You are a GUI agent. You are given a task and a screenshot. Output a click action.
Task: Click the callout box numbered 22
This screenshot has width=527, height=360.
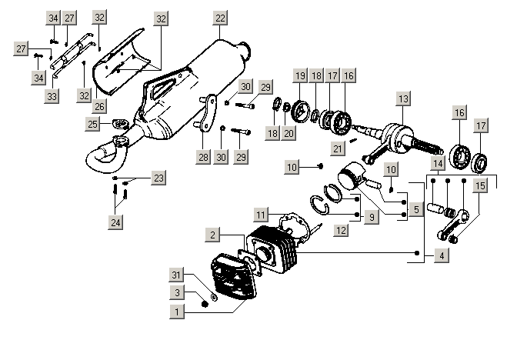coord(221,18)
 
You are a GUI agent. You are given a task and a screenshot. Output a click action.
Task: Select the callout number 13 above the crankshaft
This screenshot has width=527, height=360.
coord(403,98)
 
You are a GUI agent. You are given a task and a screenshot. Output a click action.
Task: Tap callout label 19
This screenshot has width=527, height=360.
coord(300,75)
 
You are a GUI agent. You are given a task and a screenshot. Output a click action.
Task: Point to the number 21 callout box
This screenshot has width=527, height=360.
coord(338,148)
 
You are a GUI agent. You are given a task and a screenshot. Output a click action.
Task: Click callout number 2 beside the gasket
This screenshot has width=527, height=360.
coord(213,234)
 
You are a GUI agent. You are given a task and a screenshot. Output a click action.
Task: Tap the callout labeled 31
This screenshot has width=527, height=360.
coord(177,275)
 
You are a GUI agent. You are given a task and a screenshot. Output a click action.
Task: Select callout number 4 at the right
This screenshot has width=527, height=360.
coord(442,255)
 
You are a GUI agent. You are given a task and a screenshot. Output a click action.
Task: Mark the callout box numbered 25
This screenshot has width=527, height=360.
coord(93,124)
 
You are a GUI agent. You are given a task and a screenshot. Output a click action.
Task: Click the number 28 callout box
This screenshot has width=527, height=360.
coord(202,157)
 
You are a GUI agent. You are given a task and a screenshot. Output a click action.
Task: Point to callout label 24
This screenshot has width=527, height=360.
coord(116,223)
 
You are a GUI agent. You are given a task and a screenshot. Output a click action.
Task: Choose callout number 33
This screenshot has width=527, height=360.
coord(52,97)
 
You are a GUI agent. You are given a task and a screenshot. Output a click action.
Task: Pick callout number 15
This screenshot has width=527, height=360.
coord(480,185)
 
